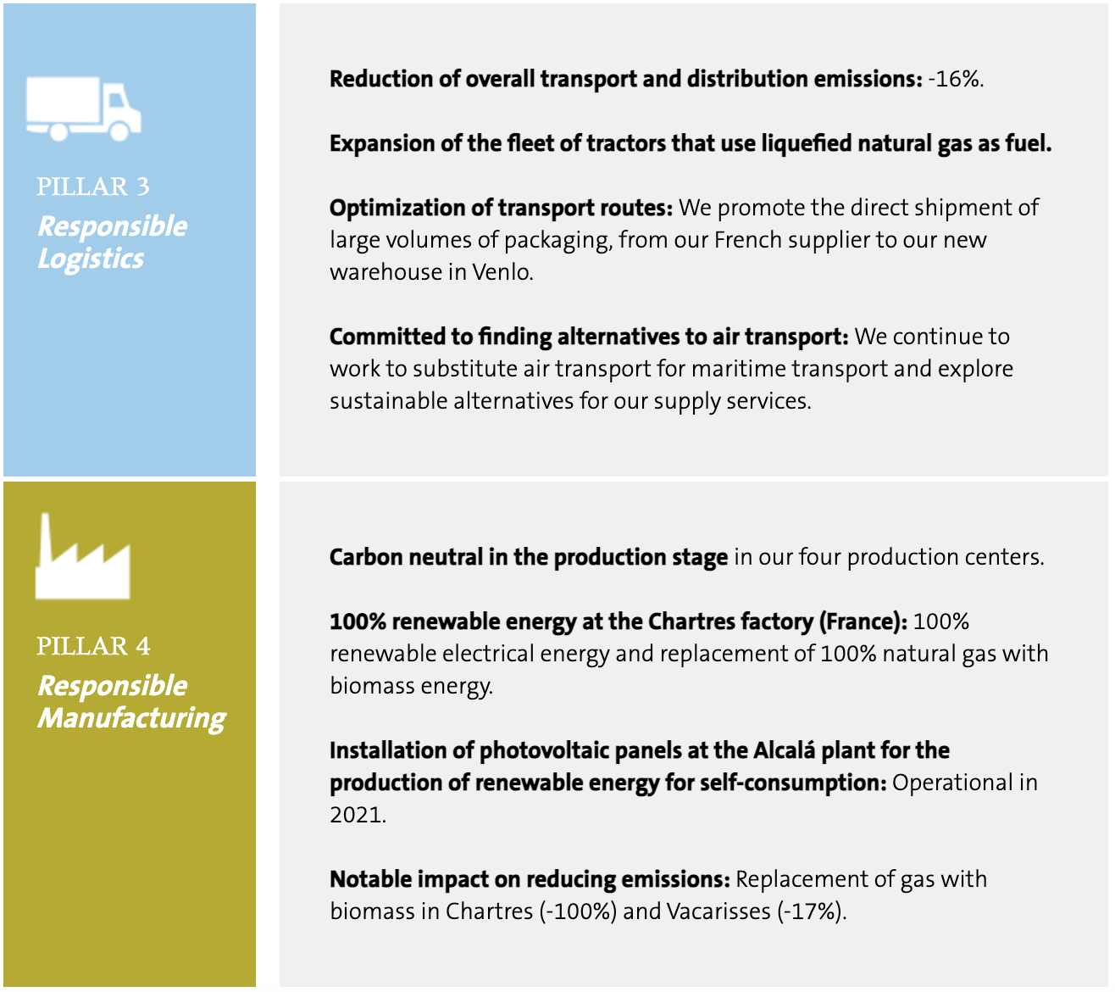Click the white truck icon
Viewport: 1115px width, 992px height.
pyautogui.click(x=84, y=109)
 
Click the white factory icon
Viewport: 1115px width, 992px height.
pyautogui.click(x=82, y=556)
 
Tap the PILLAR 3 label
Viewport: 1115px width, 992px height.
pyautogui.click(x=93, y=187)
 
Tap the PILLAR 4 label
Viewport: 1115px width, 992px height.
pyautogui.click(x=93, y=647)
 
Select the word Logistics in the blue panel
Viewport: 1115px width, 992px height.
pyautogui.click(x=91, y=259)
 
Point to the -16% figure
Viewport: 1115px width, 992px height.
pyautogui.click(x=956, y=80)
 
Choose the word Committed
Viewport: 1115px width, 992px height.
pyautogui.click(x=387, y=337)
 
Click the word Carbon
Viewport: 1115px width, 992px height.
pyautogui.click(x=366, y=557)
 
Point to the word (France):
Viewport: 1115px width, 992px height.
pyautogui.click(x=863, y=622)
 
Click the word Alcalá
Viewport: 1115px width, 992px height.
pyautogui.click(x=785, y=750)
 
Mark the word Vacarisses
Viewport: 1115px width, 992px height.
pyautogui.click(x=718, y=911)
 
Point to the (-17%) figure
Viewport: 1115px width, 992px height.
pyautogui.click(x=812, y=912)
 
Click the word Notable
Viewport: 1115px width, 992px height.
pyautogui.click(x=371, y=879)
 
